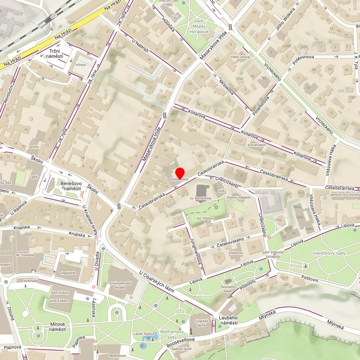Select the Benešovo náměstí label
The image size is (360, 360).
70,186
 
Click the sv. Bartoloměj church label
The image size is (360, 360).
200,198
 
